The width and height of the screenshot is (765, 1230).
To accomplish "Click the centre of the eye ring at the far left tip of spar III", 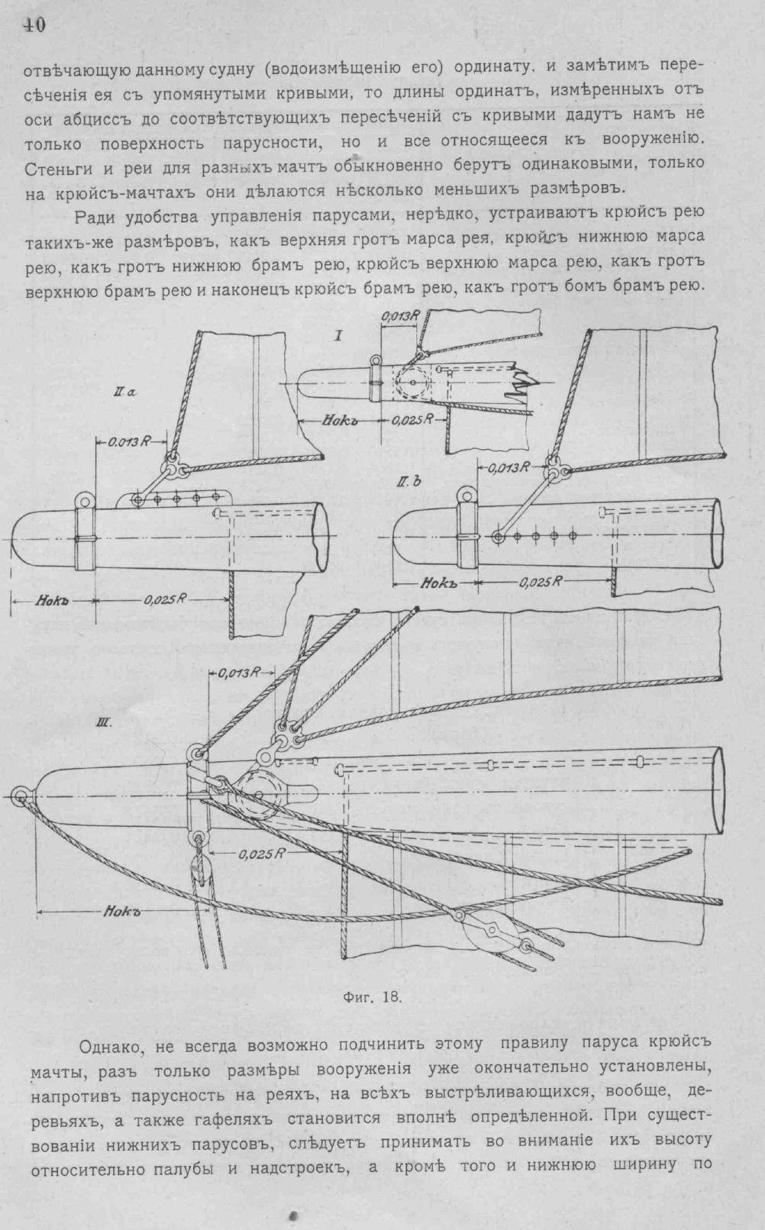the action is click(x=20, y=796).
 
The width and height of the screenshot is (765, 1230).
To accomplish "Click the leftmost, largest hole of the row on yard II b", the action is click(x=498, y=537).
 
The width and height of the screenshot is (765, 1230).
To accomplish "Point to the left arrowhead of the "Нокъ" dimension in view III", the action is click(x=39, y=910).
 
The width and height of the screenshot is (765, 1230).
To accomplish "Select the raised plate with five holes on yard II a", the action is click(x=172, y=499).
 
